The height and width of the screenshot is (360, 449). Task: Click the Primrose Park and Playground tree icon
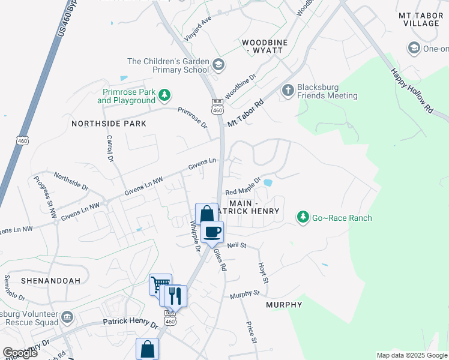(164, 95)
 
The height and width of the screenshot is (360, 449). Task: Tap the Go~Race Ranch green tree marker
(304, 218)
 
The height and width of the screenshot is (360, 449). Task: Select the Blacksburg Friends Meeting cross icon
(288, 90)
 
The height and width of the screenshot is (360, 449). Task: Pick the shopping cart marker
(160, 284)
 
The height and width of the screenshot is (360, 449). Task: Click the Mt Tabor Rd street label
(246, 113)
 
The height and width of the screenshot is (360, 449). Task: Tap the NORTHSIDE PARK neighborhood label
(109, 124)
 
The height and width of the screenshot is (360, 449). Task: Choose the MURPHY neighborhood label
(284, 305)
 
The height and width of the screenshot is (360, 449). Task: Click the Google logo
(20, 352)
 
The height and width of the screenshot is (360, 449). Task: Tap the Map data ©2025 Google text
(411, 355)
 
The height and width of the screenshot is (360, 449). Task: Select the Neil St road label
(237, 245)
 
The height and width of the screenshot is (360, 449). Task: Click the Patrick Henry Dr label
(130, 324)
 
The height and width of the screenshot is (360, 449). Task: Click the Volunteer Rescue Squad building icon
(67, 316)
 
